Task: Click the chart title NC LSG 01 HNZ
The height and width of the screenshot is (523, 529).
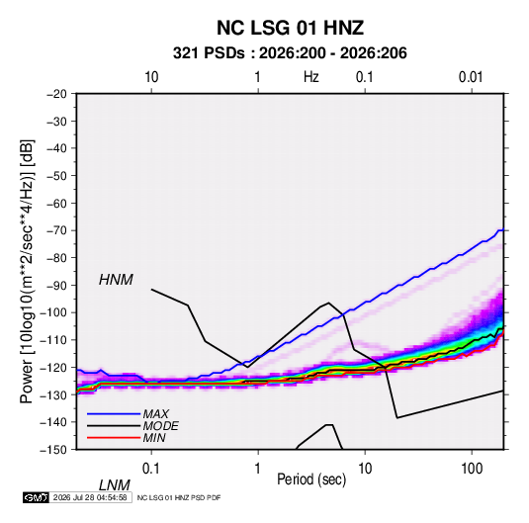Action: (290, 28)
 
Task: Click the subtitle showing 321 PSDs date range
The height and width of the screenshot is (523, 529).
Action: (290, 53)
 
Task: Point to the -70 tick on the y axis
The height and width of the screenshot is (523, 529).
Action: (56, 230)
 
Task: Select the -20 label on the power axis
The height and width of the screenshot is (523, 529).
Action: (56, 94)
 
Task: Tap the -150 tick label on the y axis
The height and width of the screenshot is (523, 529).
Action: (53, 450)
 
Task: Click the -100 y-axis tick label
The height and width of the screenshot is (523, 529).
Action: (53, 312)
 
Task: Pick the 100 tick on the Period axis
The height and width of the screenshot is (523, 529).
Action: (472, 469)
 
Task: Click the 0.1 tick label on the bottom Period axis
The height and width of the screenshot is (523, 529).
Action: (150, 469)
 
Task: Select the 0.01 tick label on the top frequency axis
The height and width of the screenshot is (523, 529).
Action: (471, 77)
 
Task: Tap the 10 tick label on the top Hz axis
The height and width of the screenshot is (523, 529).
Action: (151, 77)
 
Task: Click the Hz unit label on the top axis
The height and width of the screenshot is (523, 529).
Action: (311, 77)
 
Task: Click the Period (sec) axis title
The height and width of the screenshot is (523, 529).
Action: (311, 479)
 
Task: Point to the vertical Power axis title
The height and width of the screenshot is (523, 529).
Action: (27, 271)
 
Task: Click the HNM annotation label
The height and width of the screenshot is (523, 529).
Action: (116, 280)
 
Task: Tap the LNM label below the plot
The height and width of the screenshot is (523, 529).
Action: (115, 485)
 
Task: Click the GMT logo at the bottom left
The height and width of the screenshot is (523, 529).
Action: (36, 497)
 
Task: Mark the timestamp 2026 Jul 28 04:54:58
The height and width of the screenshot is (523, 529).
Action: (90, 497)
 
